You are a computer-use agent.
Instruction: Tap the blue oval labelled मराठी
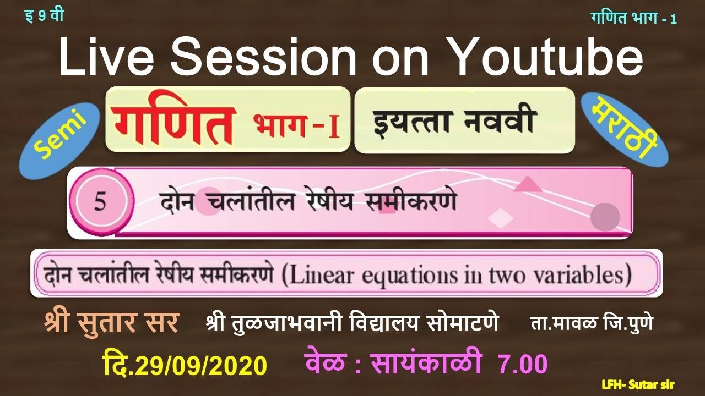(x=625, y=129)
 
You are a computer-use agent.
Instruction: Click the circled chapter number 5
(x=100, y=202)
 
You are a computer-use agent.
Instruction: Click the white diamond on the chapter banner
(x=501, y=218)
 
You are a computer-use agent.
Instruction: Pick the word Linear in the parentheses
(x=321, y=274)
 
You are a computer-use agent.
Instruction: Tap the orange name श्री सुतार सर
(x=112, y=323)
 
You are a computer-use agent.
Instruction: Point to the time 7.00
(x=523, y=364)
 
